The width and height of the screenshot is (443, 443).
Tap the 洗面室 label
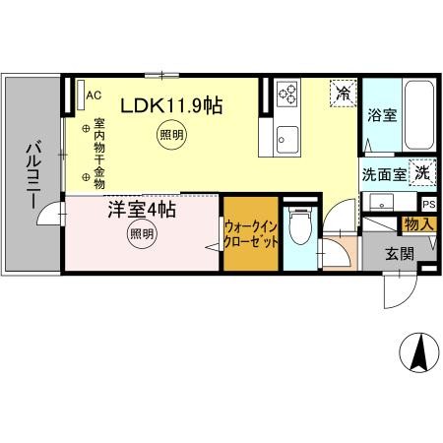pos(384,174)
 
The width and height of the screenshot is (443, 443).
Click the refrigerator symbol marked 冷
pos(344,95)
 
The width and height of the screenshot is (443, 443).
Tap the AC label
pos(95,95)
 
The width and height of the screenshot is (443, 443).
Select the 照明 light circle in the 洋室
pos(142,234)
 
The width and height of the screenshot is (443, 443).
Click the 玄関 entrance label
pos(398,255)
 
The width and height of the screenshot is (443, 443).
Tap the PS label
pos(428,204)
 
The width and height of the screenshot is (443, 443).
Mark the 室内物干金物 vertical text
pos(98,153)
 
